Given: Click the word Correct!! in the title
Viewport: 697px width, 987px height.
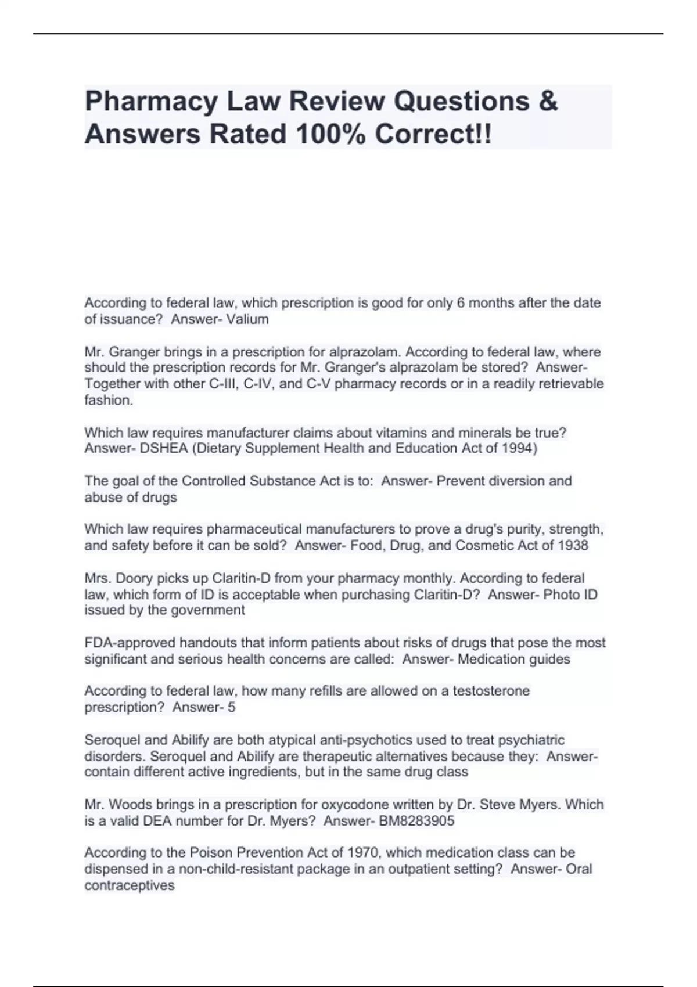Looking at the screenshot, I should [433, 134].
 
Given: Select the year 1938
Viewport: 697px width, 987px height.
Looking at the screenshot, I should [573, 546].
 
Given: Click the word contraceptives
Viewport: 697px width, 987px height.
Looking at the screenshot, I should [130, 886].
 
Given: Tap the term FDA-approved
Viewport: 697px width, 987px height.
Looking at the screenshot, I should [130, 643].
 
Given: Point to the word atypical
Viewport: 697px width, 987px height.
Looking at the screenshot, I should [263, 740].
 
